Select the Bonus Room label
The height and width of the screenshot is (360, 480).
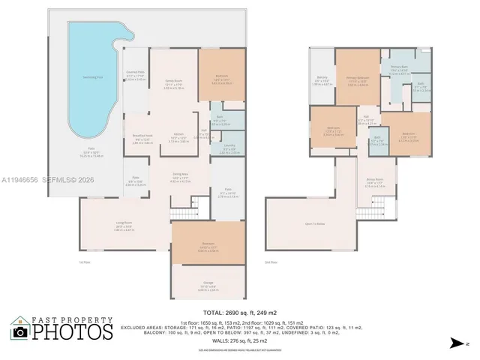click(375, 182)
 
